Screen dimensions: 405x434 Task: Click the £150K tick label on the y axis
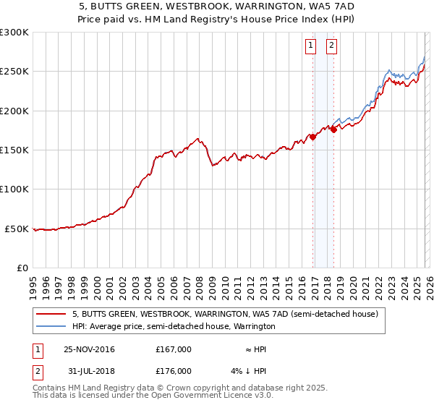point(14,150)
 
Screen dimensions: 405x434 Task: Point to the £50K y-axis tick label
point(17,229)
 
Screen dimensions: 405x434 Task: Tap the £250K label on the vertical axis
point(14,72)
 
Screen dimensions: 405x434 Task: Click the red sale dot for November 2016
point(312,136)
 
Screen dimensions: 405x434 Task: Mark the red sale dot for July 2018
point(334,129)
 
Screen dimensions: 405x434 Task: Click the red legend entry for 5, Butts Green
point(224,315)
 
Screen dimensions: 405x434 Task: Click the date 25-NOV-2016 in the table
point(89,349)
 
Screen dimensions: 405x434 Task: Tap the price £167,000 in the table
point(173,349)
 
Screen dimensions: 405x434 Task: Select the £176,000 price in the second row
point(173,371)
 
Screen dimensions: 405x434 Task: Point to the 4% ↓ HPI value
point(250,371)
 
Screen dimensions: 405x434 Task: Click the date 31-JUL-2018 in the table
point(88,371)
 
